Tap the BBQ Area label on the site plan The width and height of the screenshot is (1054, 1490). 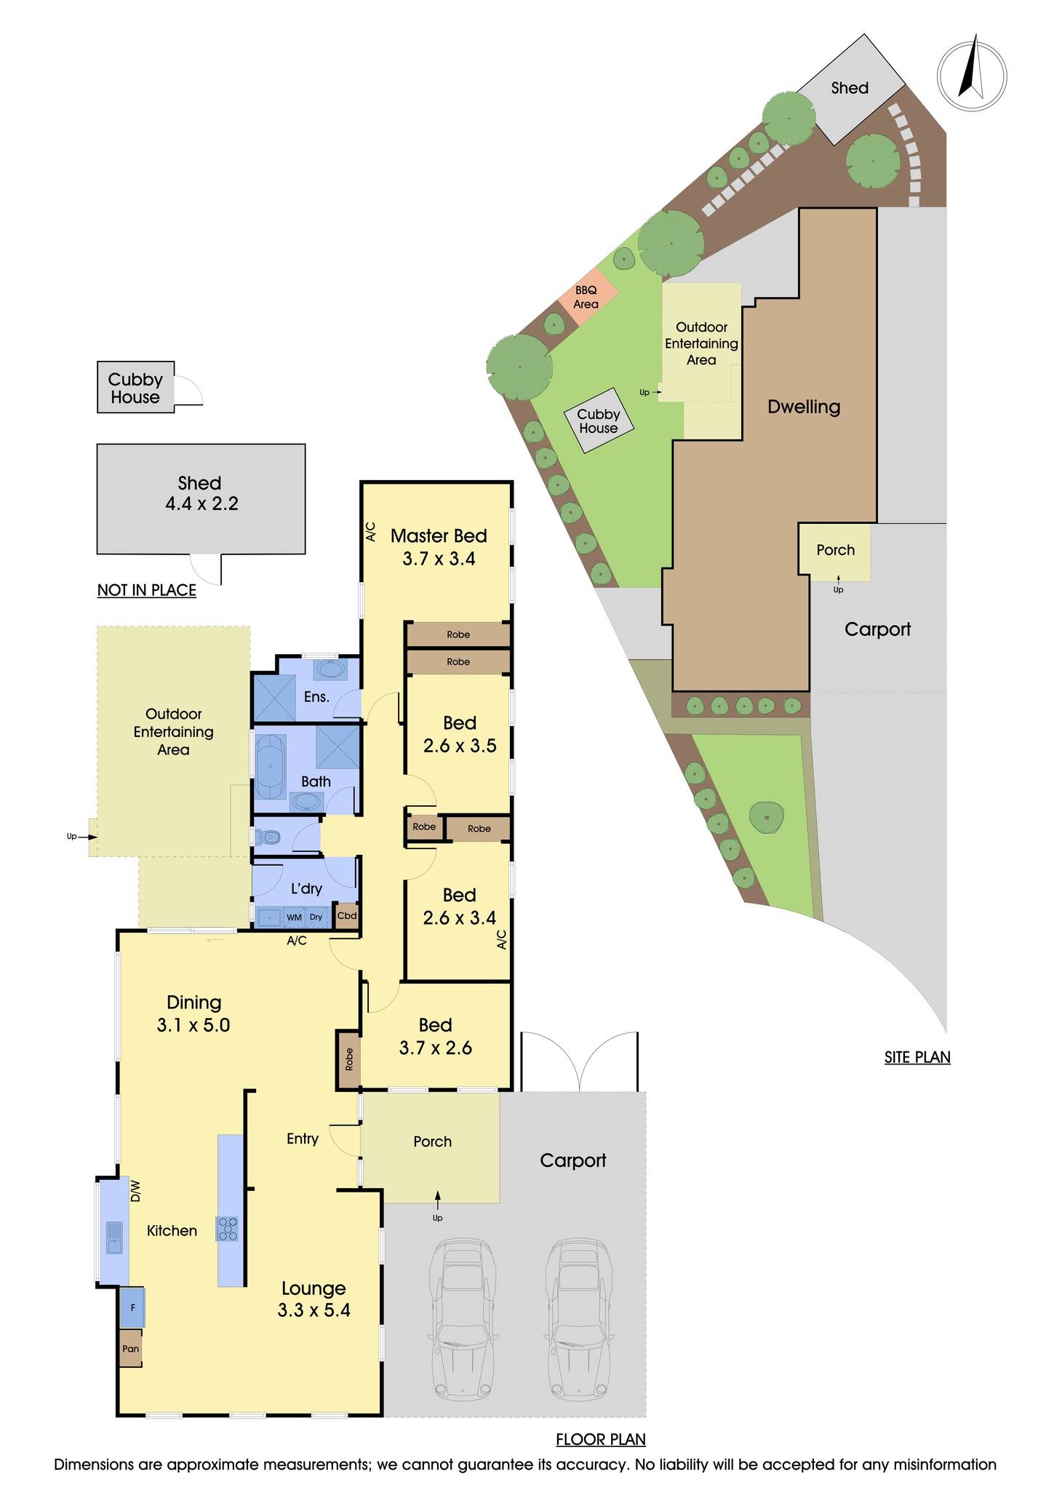click(x=586, y=298)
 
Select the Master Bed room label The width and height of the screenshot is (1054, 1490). click(x=439, y=547)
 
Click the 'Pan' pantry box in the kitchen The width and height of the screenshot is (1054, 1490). click(x=131, y=1348)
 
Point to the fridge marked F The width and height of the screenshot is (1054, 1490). click(x=132, y=1307)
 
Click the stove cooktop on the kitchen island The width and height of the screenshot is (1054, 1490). click(x=228, y=1228)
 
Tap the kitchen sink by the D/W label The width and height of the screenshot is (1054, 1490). click(x=114, y=1237)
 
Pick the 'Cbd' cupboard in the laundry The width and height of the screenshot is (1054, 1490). click(x=347, y=915)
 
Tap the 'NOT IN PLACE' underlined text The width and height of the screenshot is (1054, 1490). click(x=147, y=590)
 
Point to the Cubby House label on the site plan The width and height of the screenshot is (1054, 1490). click(x=598, y=421)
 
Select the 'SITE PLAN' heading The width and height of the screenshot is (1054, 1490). click(x=917, y=1057)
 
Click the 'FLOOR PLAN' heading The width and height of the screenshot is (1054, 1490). click(x=601, y=1439)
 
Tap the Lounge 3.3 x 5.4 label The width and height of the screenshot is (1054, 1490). click(x=314, y=1299)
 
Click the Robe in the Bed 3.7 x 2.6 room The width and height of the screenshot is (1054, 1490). click(x=348, y=1059)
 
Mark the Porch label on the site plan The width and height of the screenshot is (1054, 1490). click(x=835, y=550)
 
